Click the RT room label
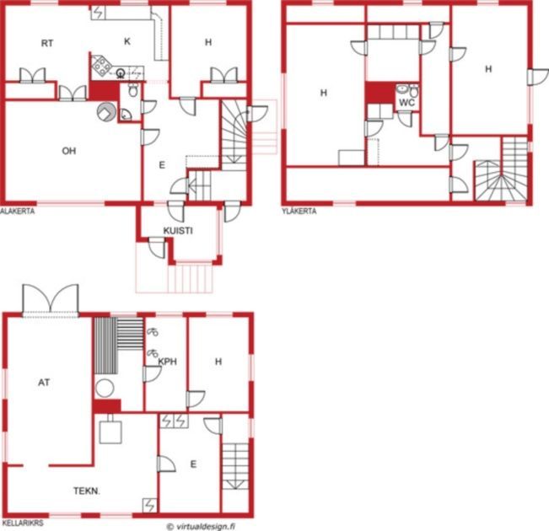[x=47, y=43]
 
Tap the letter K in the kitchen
[x=127, y=41]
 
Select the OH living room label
[x=69, y=151]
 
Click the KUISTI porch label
[x=178, y=231]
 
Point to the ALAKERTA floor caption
[x=18, y=211]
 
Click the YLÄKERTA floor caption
[x=299, y=211]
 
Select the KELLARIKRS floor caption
[x=22, y=523]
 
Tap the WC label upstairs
[x=406, y=103]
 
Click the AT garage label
[x=44, y=383]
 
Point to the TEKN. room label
[x=87, y=491]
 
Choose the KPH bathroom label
[x=168, y=362]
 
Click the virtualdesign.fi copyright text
[x=201, y=526]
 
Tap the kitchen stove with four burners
[x=101, y=66]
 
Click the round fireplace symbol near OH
[x=106, y=112]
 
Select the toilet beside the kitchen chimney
[x=133, y=90]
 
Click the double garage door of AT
[x=51, y=299]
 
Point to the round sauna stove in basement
[x=105, y=389]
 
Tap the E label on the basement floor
[x=193, y=464]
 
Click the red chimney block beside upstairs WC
[x=379, y=93]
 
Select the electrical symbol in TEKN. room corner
[x=149, y=505]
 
